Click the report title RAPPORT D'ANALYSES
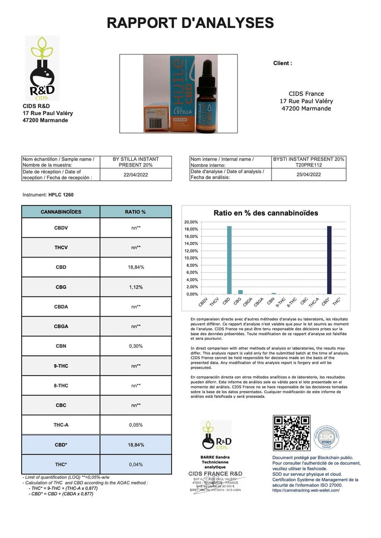pos(190,23)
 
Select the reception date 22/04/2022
pos(135,174)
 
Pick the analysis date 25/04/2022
pos(309,174)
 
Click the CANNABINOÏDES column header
pos(61,211)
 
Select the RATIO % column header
pos(135,211)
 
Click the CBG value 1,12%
pos(135,287)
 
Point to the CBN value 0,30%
pos(135,346)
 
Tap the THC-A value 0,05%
pos(135,424)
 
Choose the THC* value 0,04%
pos(135,465)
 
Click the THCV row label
pos(61,247)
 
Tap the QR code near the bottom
pos(291,433)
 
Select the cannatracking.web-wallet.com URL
pos(306,490)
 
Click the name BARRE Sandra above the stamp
pos(216,456)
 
